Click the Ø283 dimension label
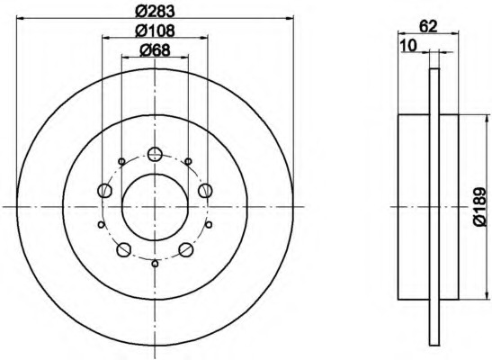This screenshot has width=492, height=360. click(156, 11)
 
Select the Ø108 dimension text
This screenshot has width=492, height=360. click(154, 31)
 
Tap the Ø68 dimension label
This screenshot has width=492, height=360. click(155, 52)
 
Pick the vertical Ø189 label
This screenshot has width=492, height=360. click(479, 207)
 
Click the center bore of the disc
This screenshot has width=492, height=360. click(155, 206)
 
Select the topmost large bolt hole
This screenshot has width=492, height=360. click(155, 153)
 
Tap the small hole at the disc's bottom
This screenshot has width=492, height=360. click(155, 263)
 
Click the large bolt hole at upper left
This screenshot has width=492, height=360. click(104, 190)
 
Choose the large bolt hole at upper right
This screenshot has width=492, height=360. click(205, 189)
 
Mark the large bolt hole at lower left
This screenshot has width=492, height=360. click(124, 249)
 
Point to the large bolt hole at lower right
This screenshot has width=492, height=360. click(186, 249)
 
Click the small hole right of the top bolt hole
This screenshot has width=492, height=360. click(187, 161)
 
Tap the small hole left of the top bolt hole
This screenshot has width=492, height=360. click(123, 161)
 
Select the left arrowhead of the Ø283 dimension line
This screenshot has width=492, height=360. click(20, 18)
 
